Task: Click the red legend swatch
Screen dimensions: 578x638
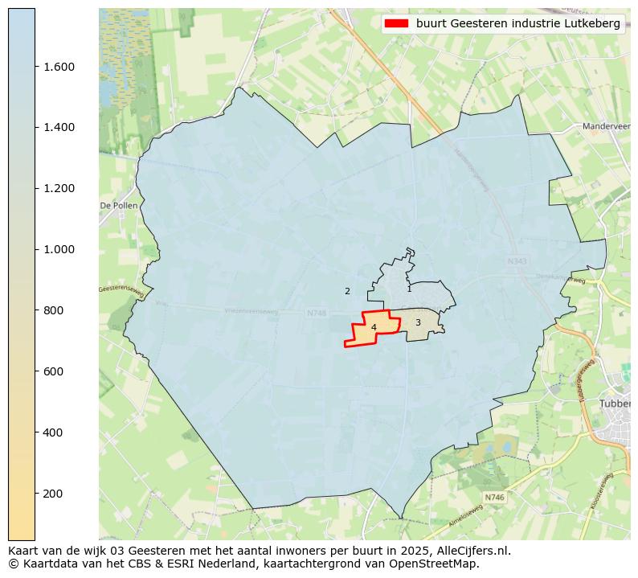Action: [x=397, y=23]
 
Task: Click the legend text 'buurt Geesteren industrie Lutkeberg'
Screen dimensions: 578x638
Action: [x=517, y=23]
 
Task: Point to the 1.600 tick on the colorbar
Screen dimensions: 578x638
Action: [x=59, y=67]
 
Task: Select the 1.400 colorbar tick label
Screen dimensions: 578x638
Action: [x=59, y=128]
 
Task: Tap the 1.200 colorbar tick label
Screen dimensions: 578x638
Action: [x=59, y=189]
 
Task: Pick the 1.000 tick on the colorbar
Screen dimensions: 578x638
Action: [x=59, y=250]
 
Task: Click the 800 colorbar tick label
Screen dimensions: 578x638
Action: [x=55, y=310]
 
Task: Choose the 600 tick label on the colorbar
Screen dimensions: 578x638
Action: [x=55, y=371]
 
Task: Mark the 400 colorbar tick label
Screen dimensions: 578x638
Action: [x=55, y=432]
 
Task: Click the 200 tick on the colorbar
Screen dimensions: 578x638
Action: [x=55, y=494]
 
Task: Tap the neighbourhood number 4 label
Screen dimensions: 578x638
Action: [x=374, y=327]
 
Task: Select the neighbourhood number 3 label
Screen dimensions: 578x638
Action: [x=418, y=322]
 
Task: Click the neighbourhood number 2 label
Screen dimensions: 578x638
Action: [x=347, y=291]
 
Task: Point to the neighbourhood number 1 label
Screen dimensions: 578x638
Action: [x=409, y=289]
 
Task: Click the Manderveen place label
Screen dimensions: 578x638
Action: [x=606, y=126]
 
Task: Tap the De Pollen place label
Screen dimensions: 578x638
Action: [x=118, y=206]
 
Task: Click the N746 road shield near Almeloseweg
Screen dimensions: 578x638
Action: [x=494, y=498]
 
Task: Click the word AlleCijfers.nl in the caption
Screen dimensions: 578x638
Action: [x=471, y=551]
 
